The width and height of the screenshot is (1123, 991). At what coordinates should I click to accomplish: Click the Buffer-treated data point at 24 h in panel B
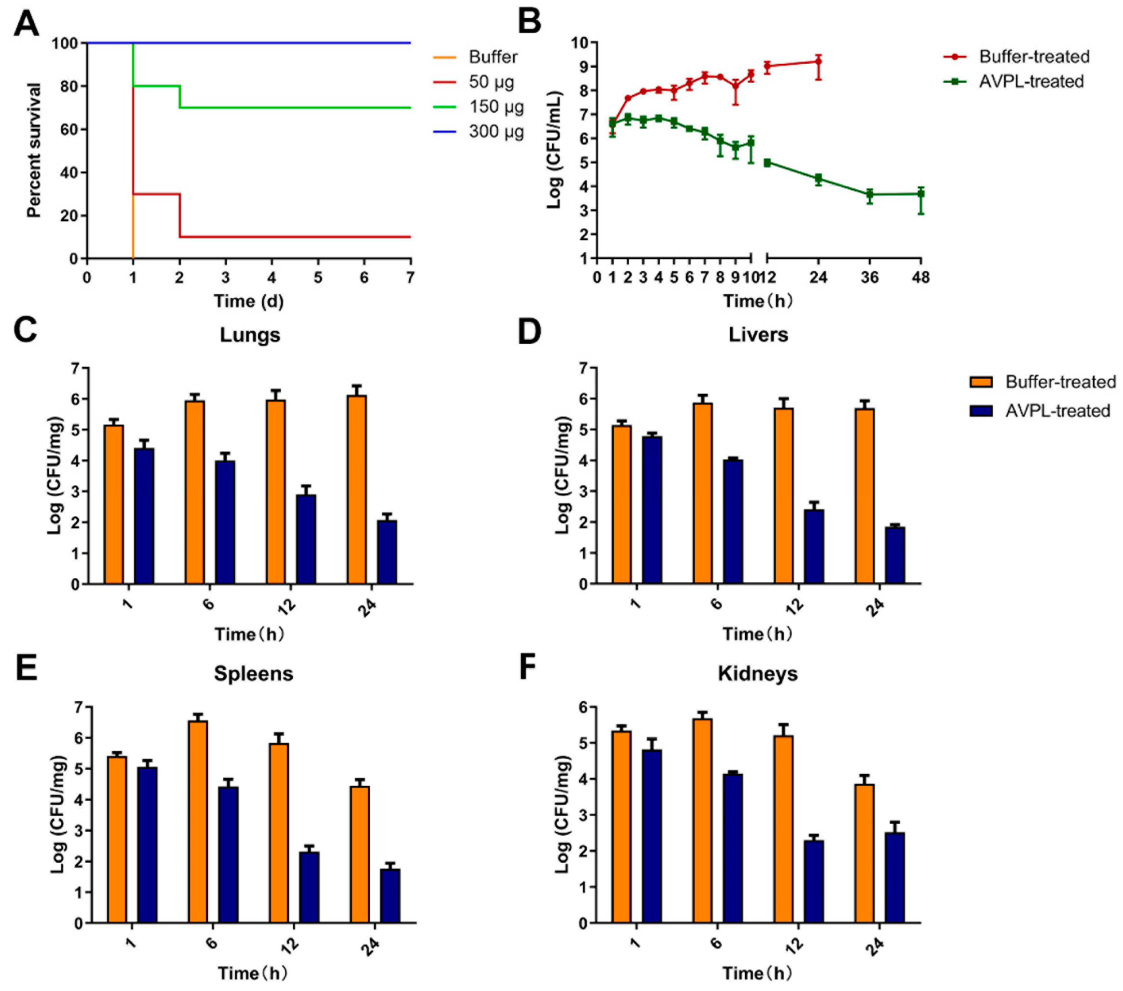pos(818,62)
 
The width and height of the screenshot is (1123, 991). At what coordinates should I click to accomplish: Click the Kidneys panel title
pos(758,673)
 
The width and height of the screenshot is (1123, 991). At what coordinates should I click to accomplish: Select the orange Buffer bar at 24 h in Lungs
pos(356,489)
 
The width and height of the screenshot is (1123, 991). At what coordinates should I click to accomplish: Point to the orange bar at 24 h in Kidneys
pos(864,854)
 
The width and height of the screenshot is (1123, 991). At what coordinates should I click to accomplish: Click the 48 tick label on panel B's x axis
pos(921,278)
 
